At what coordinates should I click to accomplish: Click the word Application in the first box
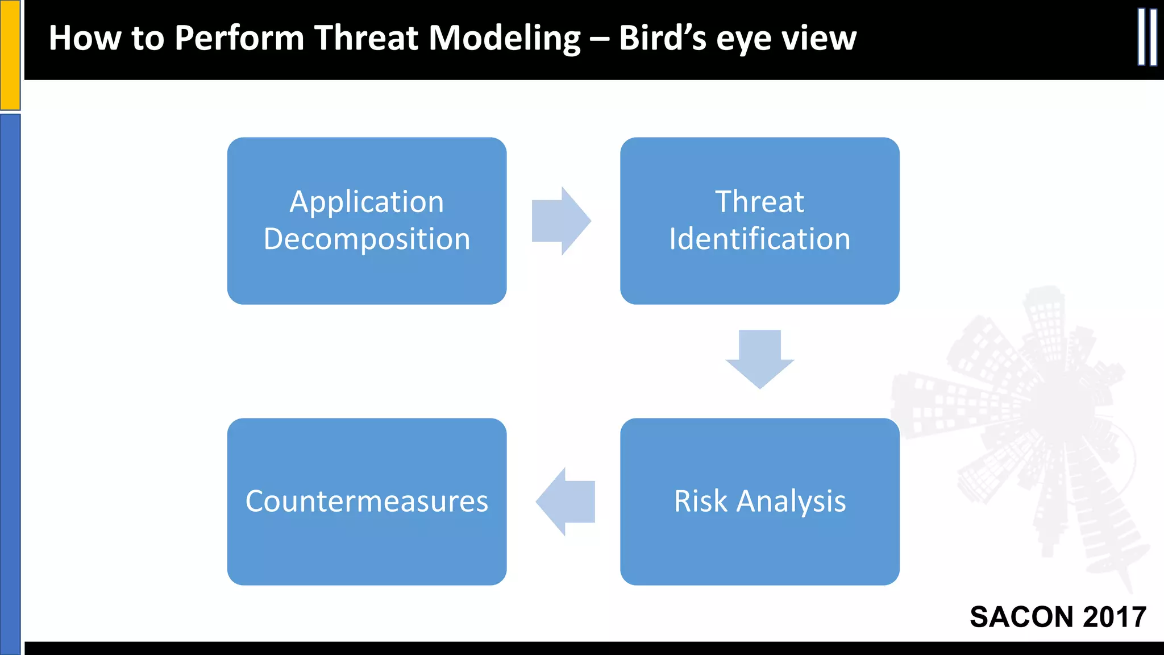[367, 202]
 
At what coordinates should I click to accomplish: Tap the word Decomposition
[367, 239]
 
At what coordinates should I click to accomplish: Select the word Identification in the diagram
[759, 239]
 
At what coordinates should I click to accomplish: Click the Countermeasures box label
[367, 501]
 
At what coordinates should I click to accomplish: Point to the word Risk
[700, 501]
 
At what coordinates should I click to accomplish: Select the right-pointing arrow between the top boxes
[560, 221]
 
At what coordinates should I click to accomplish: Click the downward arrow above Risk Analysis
[759, 358]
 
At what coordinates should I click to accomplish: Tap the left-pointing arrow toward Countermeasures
[566, 501]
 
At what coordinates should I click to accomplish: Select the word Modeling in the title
[504, 39]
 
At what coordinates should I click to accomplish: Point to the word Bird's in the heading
[662, 39]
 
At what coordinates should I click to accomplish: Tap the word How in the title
[85, 39]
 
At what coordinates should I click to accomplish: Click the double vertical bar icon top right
[1147, 37]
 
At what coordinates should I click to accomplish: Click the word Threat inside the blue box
[759, 202]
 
